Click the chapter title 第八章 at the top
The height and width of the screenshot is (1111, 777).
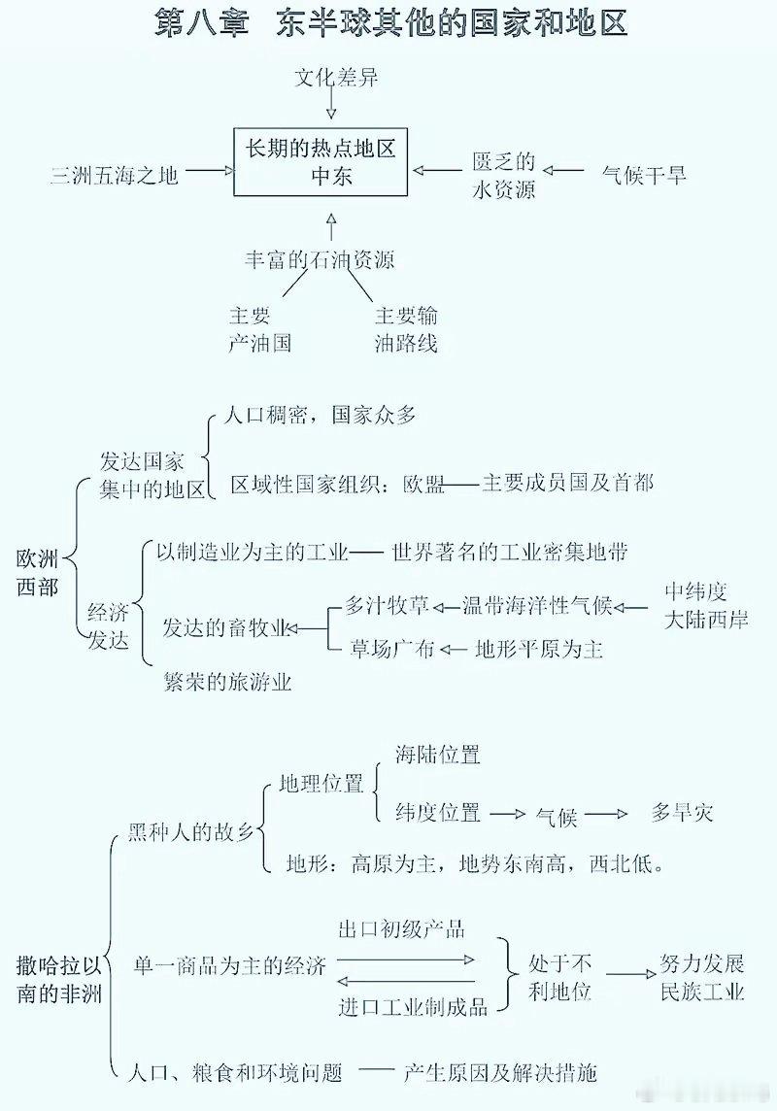click(x=202, y=22)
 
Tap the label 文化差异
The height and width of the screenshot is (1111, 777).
click(x=336, y=77)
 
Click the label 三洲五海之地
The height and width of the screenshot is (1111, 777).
click(x=114, y=174)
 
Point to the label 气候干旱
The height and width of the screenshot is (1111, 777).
click(x=644, y=174)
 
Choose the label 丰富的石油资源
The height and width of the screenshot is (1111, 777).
click(x=320, y=260)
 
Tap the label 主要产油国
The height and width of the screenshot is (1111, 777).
click(x=260, y=329)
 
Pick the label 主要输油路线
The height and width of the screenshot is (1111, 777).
click(x=406, y=329)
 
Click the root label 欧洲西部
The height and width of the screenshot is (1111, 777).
click(x=38, y=573)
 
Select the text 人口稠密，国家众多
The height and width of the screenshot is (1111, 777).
click(x=320, y=415)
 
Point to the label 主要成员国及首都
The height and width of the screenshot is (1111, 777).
click(x=567, y=484)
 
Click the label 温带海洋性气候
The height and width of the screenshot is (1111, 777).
click(x=537, y=606)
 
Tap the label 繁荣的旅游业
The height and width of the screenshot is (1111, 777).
click(x=227, y=682)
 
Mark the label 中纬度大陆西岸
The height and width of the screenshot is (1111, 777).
click(x=706, y=606)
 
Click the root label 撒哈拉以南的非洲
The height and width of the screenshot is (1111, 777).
click(x=59, y=979)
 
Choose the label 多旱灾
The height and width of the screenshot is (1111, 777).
click(x=682, y=813)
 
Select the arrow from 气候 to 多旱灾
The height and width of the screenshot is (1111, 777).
click(x=606, y=815)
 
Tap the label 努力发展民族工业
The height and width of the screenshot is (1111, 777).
click(x=702, y=977)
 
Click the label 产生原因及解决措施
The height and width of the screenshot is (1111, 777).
click(x=500, y=1073)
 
